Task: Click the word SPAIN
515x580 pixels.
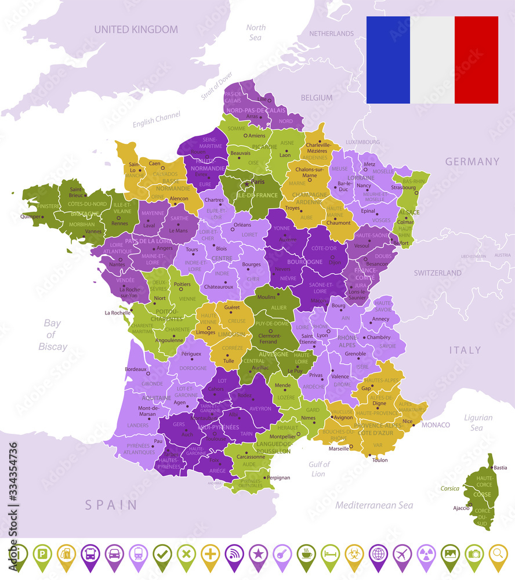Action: click(x=111, y=505)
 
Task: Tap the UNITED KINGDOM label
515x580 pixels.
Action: click(x=136, y=29)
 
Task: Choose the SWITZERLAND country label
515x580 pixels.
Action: click(x=438, y=273)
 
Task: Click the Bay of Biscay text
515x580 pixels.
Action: click(x=52, y=335)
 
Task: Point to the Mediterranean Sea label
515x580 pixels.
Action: click(x=374, y=505)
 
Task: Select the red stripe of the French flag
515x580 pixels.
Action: click(x=476, y=60)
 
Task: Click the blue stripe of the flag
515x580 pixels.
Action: click(x=388, y=60)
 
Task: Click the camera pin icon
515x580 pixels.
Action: click(x=474, y=554)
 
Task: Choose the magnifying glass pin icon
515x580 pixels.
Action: click(x=498, y=554)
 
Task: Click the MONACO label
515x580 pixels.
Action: click(x=436, y=425)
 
